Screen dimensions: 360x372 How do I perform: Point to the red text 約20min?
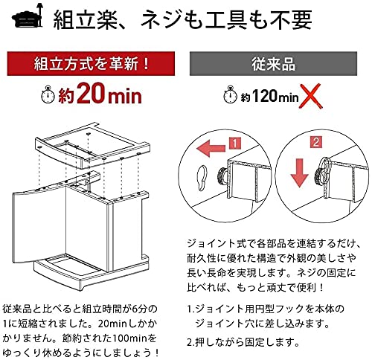(x=103, y=95)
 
